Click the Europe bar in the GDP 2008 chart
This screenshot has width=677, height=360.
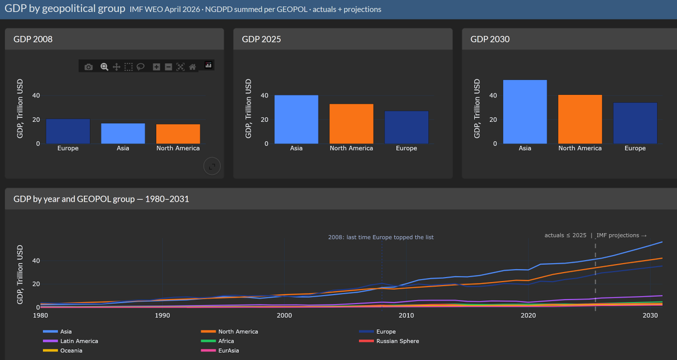pyautogui.click(x=68, y=131)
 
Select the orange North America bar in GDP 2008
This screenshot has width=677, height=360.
pyautogui.click(x=178, y=134)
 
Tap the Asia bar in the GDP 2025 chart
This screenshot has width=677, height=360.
pyautogui.click(x=296, y=120)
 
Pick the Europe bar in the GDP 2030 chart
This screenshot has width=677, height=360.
pyautogui.click(x=635, y=123)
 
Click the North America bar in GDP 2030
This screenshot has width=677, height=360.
pyautogui.click(x=580, y=119)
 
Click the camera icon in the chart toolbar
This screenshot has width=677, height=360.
pyautogui.click(x=89, y=67)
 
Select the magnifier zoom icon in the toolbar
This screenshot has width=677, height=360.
pyautogui.click(x=104, y=67)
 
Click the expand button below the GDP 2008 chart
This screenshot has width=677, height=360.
pyautogui.click(x=212, y=166)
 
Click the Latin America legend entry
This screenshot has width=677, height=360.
pyautogui.click(x=71, y=341)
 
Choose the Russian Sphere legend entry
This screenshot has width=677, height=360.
pyautogui.click(x=389, y=341)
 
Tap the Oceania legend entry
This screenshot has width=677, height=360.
pyautogui.click(x=63, y=350)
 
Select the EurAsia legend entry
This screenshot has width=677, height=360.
pyautogui.click(x=220, y=350)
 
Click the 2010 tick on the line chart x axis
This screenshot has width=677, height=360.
pyautogui.click(x=406, y=315)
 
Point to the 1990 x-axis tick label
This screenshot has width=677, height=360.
pyautogui.click(x=162, y=315)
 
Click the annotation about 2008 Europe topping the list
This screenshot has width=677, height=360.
pyautogui.click(x=381, y=238)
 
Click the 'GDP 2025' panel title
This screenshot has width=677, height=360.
pyautogui.click(x=261, y=39)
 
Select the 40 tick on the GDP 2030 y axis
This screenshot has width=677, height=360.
pyautogui.click(x=493, y=95)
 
